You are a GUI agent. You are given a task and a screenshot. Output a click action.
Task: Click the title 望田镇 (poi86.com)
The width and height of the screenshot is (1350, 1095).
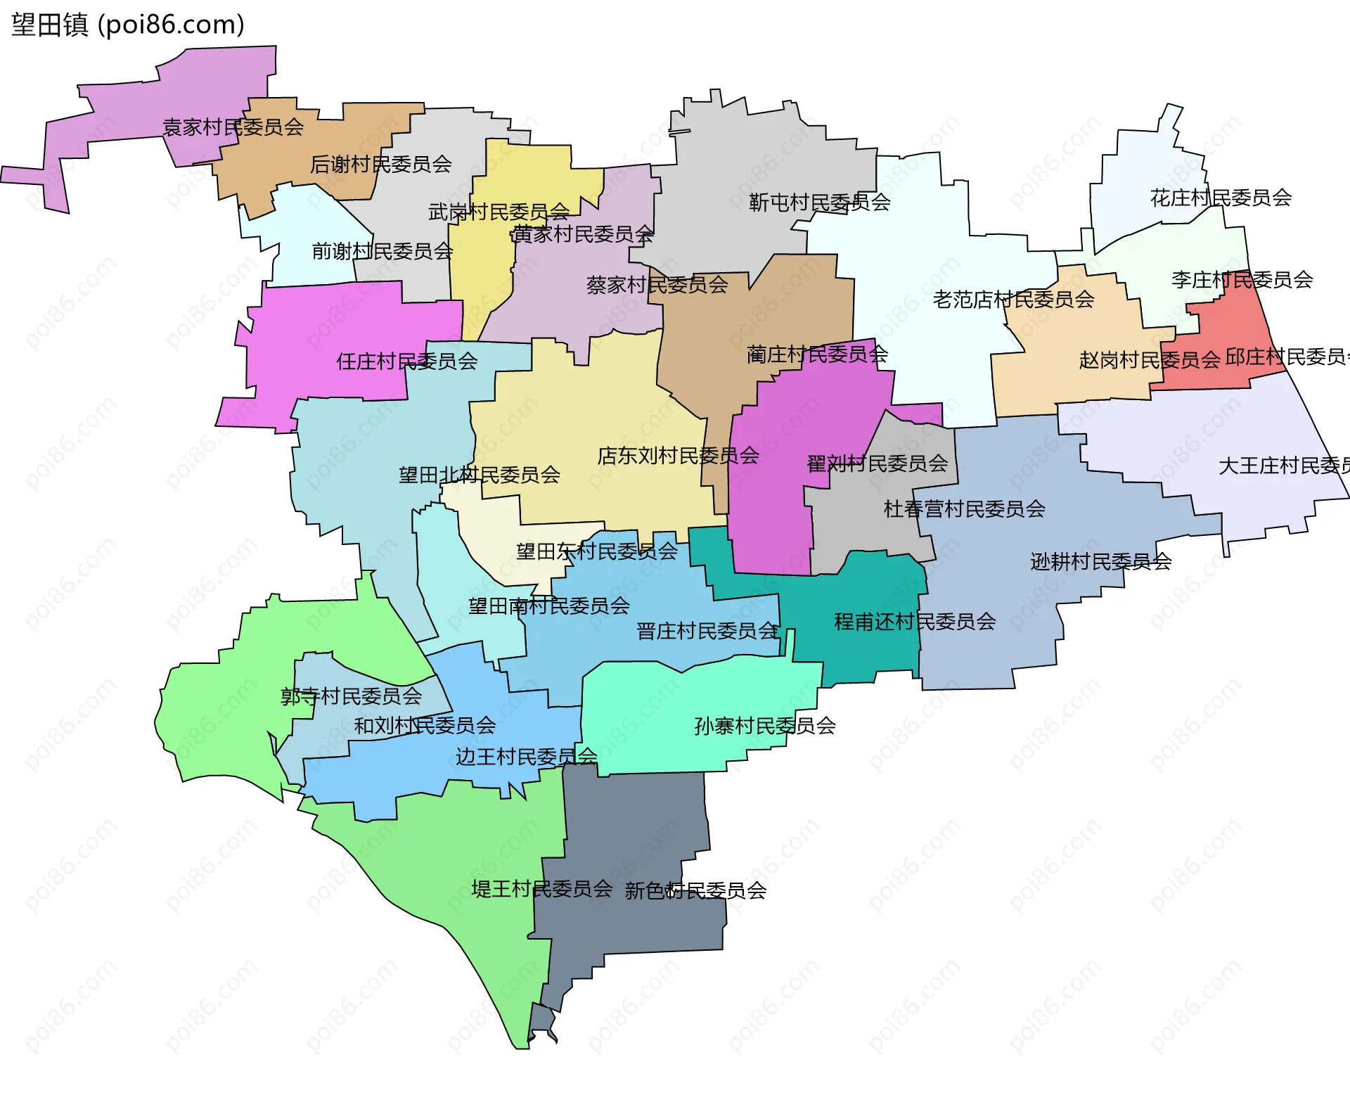coord(127,25)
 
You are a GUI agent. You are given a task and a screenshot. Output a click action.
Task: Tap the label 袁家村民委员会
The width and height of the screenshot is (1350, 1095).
coord(233,127)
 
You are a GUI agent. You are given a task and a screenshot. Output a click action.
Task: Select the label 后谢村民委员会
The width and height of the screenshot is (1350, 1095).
coord(380,165)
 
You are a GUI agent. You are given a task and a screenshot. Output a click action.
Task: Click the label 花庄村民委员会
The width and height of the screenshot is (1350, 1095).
coord(1221,198)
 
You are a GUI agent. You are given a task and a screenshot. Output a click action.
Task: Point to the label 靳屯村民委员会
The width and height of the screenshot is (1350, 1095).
coord(819,203)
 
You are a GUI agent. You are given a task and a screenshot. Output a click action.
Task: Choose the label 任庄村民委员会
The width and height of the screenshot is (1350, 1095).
coord(406,361)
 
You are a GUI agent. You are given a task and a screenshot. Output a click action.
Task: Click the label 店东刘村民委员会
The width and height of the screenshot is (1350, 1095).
coord(678,456)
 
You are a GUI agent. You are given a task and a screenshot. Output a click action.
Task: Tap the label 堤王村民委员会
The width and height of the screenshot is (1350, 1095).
coord(541,889)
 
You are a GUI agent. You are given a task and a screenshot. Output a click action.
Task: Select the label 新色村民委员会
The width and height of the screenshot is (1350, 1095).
coord(695,891)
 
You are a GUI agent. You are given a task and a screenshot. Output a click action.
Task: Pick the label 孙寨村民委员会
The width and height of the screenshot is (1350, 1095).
coord(765,726)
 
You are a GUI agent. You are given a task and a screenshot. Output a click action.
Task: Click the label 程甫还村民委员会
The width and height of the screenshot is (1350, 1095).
coord(915,622)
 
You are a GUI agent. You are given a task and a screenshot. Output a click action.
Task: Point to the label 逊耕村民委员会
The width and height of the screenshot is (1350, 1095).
coord(1100,561)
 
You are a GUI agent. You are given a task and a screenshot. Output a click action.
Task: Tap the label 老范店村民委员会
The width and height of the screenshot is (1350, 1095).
coord(1013,300)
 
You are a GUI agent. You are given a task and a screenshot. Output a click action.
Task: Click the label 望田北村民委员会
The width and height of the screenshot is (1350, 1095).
coord(479,475)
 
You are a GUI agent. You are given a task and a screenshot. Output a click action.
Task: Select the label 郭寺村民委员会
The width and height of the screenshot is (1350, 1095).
coord(351,696)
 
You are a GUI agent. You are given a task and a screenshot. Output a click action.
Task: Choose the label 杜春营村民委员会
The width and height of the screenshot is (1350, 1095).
coord(964,508)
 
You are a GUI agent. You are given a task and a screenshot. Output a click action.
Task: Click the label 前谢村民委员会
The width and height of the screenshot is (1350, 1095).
coord(382,251)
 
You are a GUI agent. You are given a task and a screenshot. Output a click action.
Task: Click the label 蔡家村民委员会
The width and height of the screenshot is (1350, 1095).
coord(657,285)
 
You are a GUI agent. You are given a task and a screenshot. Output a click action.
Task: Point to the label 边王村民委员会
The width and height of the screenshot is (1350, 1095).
coord(526,757)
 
